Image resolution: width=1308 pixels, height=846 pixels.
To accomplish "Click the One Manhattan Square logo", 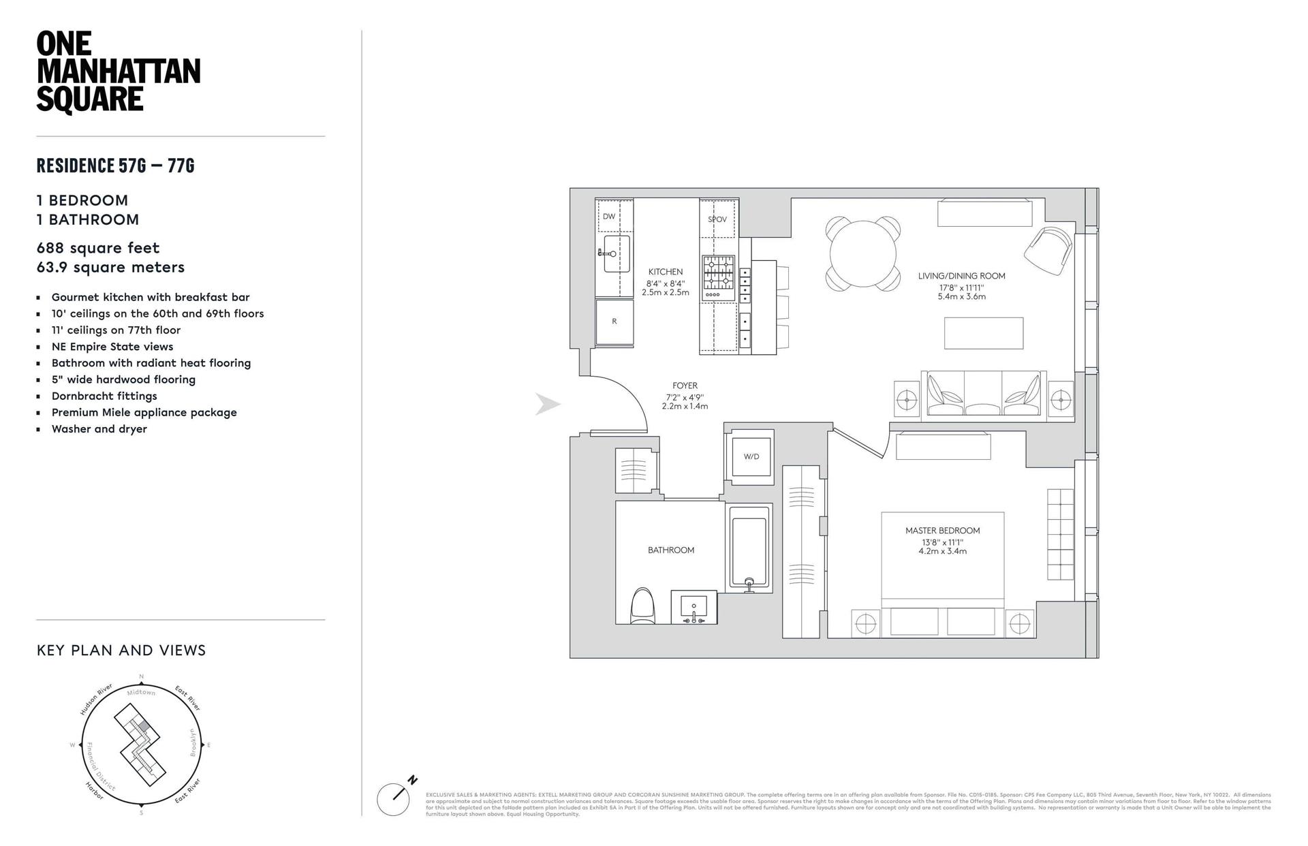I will [x=118, y=72].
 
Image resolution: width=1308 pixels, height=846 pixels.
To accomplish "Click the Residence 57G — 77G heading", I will [x=116, y=166].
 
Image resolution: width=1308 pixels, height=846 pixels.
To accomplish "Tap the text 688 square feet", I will [x=98, y=248].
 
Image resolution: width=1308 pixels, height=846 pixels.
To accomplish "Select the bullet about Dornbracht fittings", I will [x=104, y=396].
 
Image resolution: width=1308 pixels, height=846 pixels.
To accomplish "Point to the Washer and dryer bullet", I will [x=99, y=428].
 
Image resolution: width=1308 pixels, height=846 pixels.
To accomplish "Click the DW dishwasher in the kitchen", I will [x=609, y=217].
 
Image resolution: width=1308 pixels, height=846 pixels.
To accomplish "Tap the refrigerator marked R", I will [x=614, y=322].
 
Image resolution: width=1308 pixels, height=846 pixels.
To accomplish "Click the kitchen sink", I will [x=616, y=254].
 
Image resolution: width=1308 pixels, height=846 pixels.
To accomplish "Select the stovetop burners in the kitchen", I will [x=719, y=273].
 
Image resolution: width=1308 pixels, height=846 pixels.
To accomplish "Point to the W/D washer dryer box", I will [x=751, y=456].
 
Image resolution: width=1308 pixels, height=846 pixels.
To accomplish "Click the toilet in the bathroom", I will [x=643, y=606].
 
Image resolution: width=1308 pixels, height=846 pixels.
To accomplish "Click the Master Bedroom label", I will [x=942, y=531].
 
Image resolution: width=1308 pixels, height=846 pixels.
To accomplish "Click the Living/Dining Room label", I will [x=961, y=276].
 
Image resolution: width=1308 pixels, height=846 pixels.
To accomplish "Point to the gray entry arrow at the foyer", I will [x=548, y=405].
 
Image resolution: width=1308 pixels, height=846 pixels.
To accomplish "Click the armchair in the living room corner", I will [x=1048, y=250].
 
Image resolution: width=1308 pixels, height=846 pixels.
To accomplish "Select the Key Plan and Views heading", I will [x=121, y=651].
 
